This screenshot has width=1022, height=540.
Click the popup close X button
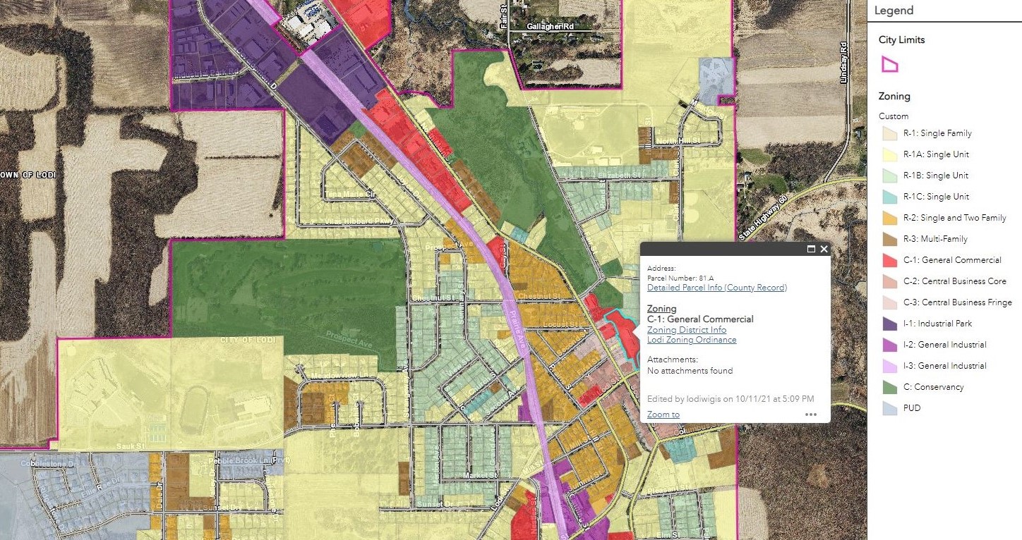(824, 249)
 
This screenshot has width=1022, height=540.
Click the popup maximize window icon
(811, 249)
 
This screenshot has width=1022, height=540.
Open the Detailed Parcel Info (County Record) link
(716, 288)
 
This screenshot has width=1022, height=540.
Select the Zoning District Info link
(686, 330)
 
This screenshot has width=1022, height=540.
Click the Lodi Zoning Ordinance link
(691, 340)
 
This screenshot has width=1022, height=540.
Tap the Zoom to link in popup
(663, 415)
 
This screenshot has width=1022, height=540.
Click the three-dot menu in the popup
(810, 415)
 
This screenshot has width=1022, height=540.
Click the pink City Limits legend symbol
(889, 65)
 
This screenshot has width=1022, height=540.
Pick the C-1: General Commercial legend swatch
(889, 260)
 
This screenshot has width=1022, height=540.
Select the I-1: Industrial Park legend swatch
(889, 324)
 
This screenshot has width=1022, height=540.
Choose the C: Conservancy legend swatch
(889, 387)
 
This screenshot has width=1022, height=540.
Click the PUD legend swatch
(889, 408)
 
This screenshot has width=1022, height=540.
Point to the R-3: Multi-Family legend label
(934, 239)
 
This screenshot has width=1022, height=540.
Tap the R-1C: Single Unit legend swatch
(889, 197)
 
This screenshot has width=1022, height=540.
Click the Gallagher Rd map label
(550, 25)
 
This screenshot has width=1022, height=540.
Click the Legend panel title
(894, 11)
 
